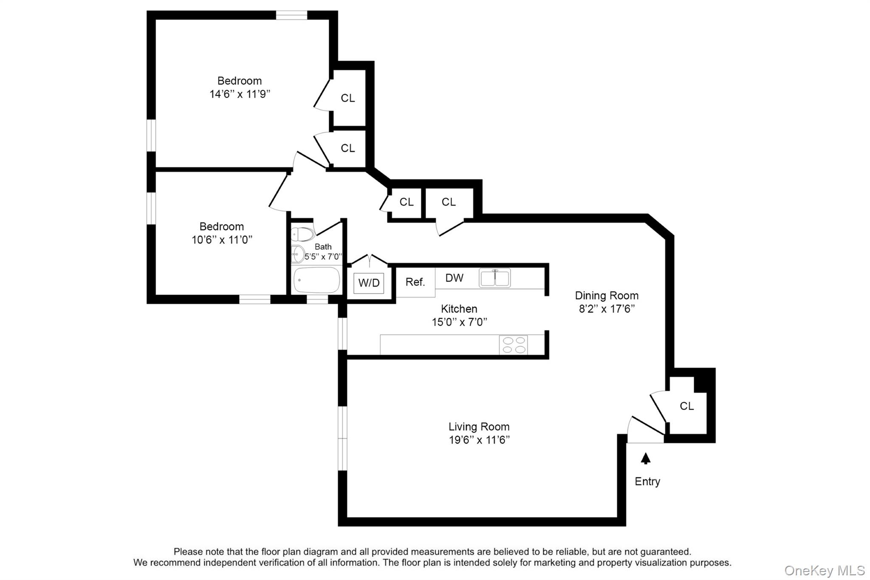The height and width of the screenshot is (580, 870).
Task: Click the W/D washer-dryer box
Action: click(369, 283)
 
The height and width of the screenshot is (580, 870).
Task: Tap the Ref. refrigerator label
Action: click(415, 282)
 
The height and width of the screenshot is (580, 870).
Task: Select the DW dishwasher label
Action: click(454, 278)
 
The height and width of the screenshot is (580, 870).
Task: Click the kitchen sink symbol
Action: click(494, 278)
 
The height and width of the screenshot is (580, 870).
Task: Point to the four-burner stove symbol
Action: click(514, 345)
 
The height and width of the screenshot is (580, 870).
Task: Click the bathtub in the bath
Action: click(317, 280)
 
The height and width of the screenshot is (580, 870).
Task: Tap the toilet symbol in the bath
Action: click(302, 234)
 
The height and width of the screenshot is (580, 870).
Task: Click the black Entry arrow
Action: click(646, 458)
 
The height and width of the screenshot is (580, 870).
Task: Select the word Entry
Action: click(647, 481)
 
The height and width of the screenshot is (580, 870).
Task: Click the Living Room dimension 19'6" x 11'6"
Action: click(479, 440)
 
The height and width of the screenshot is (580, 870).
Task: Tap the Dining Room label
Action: click(607, 296)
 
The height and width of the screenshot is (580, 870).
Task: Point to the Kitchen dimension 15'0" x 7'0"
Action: click(459, 322)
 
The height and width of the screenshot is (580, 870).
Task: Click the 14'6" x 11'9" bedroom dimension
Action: click(240, 94)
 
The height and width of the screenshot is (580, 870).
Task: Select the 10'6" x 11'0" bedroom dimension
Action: click(222, 240)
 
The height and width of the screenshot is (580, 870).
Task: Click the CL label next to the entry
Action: click(686, 406)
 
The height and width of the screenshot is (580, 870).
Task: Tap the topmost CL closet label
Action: click(347, 98)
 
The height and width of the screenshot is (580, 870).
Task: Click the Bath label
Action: click(323, 246)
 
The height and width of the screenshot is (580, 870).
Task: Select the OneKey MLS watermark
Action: click(824, 570)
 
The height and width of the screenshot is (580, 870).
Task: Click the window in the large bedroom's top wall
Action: click(291, 15)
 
